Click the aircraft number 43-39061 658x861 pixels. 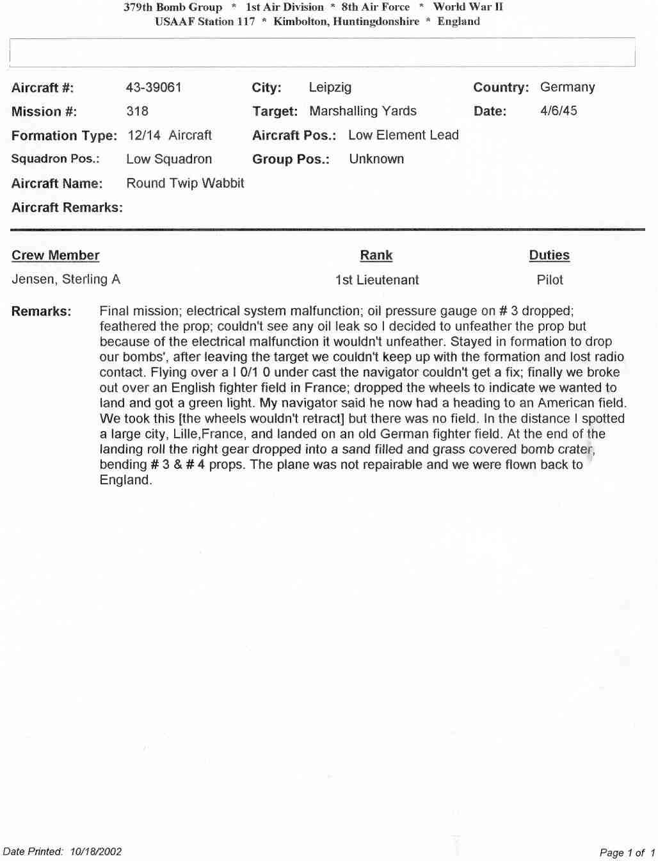154,87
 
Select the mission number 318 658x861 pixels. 137,111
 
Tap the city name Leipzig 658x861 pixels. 330,87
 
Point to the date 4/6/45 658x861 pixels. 558,110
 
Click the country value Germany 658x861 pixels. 567,87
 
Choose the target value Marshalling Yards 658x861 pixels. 362,111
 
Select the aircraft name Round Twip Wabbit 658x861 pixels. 185,183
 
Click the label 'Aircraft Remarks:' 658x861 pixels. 67,208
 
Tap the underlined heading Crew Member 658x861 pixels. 56,255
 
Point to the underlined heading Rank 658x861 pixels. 376,255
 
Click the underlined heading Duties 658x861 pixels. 549,255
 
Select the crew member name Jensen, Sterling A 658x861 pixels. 66,279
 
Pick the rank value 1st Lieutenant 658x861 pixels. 376,280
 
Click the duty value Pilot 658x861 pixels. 550,280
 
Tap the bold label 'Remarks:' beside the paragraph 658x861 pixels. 41,311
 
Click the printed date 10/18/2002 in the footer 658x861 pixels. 96,851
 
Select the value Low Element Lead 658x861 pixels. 403,135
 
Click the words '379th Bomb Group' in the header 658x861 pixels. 173,8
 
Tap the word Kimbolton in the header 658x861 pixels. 301,21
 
